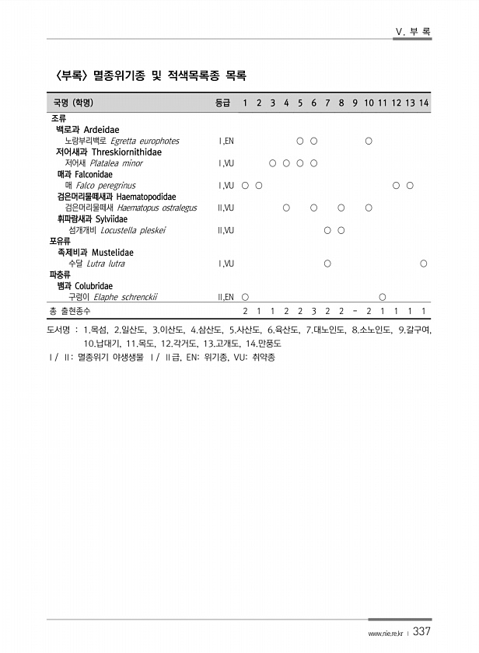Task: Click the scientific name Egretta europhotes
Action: click(x=145, y=141)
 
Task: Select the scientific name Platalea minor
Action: click(x=117, y=163)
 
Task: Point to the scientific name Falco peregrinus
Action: click(x=106, y=186)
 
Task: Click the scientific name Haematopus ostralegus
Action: click(x=156, y=208)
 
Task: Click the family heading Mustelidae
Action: click(x=113, y=253)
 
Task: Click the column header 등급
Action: click(x=222, y=103)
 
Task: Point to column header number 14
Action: click(x=424, y=103)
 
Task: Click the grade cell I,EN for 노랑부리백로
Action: click(x=226, y=141)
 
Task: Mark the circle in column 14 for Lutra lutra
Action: click(x=424, y=264)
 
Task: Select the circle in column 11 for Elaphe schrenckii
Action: click(x=383, y=297)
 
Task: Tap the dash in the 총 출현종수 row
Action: click(x=355, y=312)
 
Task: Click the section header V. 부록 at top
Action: click(x=414, y=32)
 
